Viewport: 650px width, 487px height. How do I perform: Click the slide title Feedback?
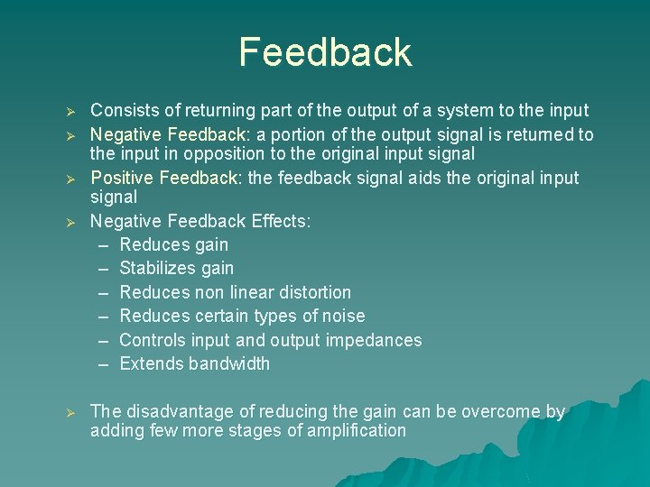click(x=325, y=52)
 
